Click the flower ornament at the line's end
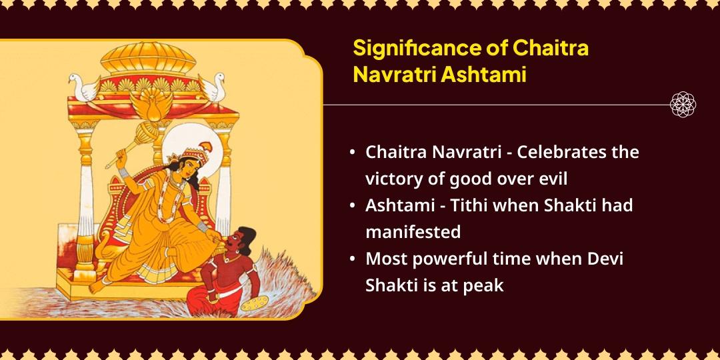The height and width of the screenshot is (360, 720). (x=683, y=105)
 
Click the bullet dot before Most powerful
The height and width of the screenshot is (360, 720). (x=352, y=259)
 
